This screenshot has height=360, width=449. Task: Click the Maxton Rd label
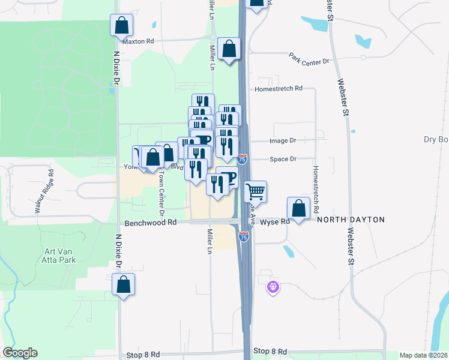[x=137, y=42]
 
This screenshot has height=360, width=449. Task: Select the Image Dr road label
[x=283, y=140]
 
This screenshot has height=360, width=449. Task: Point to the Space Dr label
[x=283, y=159]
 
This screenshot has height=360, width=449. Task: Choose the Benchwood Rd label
[x=151, y=222]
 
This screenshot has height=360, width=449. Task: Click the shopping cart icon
[x=256, y=192]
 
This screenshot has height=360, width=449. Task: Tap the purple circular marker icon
[x=273, y=287]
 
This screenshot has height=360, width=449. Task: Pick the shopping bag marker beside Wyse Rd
[x=298, y=208]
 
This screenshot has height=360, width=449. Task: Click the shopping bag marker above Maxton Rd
[x=122, y=25]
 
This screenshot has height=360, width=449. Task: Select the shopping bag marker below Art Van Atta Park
[x=124, y=284]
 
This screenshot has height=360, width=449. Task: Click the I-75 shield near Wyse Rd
[x=243, y=236]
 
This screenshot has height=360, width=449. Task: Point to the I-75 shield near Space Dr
[x=243, y=159]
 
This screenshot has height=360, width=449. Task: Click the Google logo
[x=20, y=353]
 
